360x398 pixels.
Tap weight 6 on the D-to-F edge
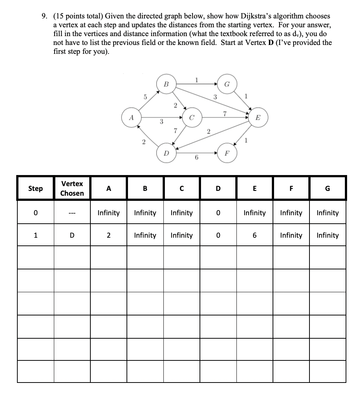197,158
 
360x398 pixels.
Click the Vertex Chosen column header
72,188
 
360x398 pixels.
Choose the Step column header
35,188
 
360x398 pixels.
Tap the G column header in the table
328,188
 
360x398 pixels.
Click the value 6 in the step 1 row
255,235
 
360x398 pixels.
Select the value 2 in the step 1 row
108,235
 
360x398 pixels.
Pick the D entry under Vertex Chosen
72,235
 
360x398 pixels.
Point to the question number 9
44,16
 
